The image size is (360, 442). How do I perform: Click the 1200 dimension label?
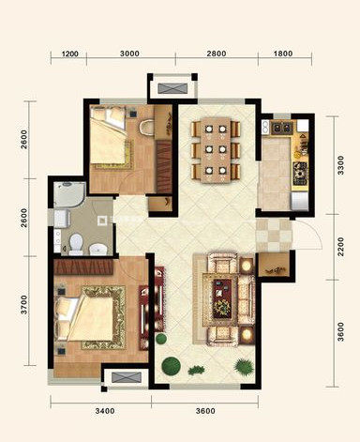(x=70, y=53)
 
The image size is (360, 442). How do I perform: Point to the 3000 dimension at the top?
(x=129, y=53)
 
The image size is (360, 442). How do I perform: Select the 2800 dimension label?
(x=217, y=53)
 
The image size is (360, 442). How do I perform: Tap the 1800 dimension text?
(x=283, y=53)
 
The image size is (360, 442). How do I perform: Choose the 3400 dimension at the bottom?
(x=105, y=410)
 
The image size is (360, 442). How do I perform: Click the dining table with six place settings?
(x=216, y=150)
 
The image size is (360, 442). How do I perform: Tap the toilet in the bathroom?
(x=76, y=244)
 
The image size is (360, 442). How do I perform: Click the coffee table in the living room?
(x=222, y=299)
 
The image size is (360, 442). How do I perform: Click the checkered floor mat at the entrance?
(x=274, y=236)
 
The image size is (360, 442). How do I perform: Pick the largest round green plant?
(x=171, y=365)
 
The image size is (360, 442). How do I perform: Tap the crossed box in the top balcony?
(x=172, y=88)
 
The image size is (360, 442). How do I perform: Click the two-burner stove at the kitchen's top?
(x=282, y=128)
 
